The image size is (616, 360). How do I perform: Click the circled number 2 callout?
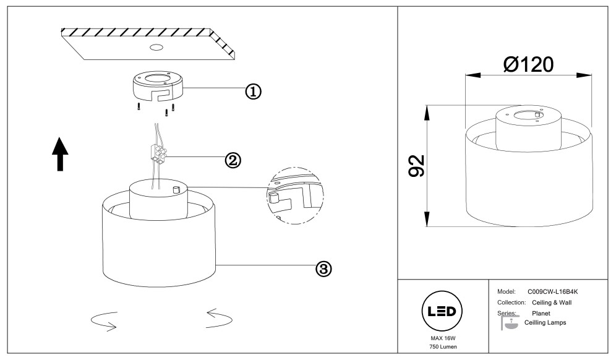232,160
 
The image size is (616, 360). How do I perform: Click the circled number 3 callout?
323,268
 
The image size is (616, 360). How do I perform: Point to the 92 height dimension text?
416,166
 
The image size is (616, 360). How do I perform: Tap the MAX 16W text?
442,339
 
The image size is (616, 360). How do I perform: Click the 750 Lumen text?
442,348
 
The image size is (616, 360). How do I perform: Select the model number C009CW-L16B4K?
556,291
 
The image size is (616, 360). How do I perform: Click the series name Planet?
542,314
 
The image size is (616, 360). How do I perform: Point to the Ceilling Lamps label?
545,323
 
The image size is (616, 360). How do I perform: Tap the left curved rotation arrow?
103,320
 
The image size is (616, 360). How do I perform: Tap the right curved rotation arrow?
220,318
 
